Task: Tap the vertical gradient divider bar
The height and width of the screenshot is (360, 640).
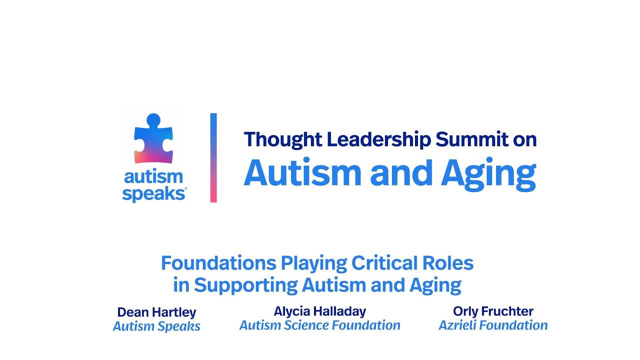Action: (213, 157)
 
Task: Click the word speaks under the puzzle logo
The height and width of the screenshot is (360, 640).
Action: (154, 194)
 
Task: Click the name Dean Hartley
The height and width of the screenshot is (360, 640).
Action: (156, 312)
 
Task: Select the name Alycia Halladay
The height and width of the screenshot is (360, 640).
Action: (320, 311)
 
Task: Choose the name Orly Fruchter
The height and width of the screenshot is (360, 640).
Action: (493, 311)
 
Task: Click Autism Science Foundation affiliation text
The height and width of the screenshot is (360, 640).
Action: (320, 325)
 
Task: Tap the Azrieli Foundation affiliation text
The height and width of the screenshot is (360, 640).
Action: (493, 325)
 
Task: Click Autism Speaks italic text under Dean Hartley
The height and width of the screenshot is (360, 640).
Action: (156, 326)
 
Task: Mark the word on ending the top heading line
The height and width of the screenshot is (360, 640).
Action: (524, 139)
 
